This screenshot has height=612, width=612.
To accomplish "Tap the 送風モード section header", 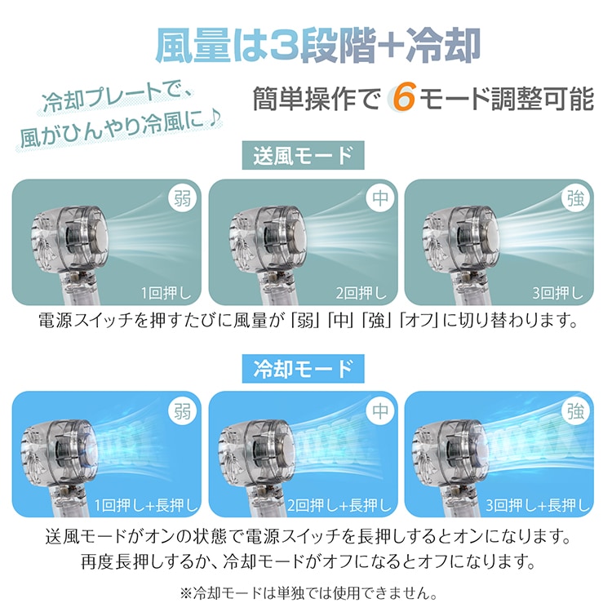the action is click(303, 155).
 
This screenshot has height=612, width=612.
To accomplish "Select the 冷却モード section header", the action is click(303, 369).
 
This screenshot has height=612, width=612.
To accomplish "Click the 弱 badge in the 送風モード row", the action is click(182, 198).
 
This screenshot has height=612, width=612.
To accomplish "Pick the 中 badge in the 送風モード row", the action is click(379, 198).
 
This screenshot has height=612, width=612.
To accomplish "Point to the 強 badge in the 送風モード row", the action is click(576, 198).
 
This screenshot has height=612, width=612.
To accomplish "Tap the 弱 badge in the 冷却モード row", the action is click(182, 411).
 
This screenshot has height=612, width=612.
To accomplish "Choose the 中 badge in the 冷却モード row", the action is click(379, 411).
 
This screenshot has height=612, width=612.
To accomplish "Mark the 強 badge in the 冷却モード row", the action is click(576, 411).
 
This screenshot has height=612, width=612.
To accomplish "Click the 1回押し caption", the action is click(166, 293).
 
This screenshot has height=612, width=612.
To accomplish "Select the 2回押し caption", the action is click(361, 293).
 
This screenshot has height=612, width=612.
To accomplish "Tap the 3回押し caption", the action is click(558, 293).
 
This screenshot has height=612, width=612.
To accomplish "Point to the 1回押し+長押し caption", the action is click(146, 505).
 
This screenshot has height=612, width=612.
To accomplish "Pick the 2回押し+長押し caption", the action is click(339, 505).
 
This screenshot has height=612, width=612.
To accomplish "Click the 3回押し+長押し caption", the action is click(538, 505).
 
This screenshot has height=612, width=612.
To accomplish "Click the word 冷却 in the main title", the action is click(443, 46).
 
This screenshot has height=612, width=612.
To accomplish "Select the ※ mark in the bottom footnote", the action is click(187, 594).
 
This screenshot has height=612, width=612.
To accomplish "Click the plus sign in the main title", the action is click(390, 47).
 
